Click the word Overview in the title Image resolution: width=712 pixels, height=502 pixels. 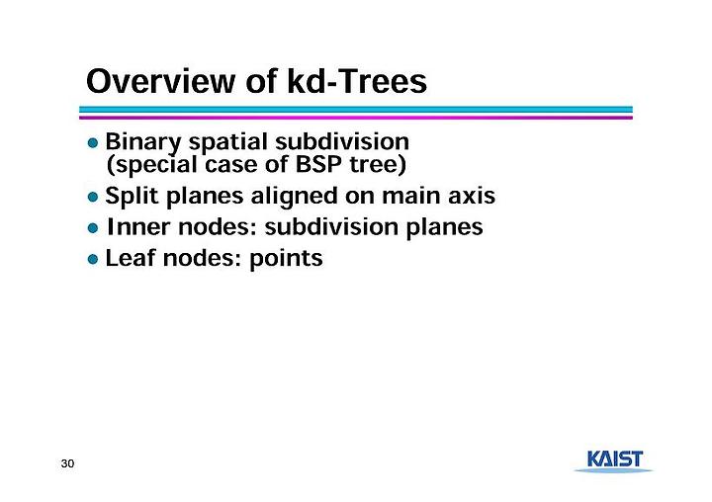click(161, 82)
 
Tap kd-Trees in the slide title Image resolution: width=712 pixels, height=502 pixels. click(357, 82)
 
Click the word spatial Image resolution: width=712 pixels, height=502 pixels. click(228, 142)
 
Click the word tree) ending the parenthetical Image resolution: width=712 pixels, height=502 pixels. click(378, 165)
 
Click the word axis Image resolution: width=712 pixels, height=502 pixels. click(472, 196)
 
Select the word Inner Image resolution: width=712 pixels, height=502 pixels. click(138, 227)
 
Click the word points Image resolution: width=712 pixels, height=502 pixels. click(286, 259)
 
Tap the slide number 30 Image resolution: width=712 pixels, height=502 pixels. click(67, 463)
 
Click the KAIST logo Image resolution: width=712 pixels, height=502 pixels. click(614, 461)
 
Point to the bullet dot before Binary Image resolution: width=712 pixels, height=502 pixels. click(93, 143)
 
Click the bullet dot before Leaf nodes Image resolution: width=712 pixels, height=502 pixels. click(93, 259)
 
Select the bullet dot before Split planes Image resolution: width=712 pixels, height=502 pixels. click(93, 198)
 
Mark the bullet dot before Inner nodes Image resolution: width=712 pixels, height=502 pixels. click(93, 228)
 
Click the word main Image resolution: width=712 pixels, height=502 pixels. click(411, 196)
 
